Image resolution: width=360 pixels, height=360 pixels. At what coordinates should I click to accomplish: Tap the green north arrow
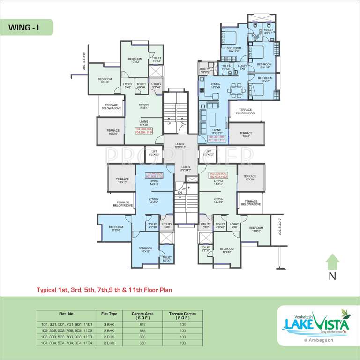coord(332,262)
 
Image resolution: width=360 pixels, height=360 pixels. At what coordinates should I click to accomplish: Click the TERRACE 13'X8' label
coord(246,135)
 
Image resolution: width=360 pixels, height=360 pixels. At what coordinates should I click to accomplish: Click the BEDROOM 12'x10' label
coord(105,80)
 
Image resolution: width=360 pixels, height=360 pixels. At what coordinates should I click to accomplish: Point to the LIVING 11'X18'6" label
coord(217,132)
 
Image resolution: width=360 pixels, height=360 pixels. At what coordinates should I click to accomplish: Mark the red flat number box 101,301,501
coord(217,139)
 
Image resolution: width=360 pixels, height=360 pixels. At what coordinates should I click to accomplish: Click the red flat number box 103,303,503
coord(154,175)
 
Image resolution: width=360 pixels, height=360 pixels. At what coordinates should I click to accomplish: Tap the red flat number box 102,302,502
coord(217,175)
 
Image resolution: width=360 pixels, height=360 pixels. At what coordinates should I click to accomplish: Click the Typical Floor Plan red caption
coord(105,290)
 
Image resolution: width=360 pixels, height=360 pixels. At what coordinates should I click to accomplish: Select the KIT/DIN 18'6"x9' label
coord(216,85)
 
